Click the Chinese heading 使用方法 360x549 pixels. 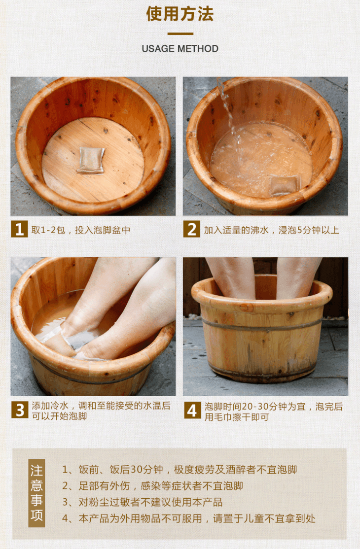pos(180,14)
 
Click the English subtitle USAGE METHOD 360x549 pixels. pos(180,49)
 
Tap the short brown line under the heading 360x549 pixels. pos(180,34)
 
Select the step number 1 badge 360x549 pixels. pos(20,229)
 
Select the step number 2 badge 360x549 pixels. pos(192,229)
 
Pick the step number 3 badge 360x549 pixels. pos(20,410)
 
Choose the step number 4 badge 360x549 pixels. pos(192,411)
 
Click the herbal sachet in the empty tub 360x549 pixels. pos(91,160)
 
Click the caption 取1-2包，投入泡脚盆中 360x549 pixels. pos(81,230)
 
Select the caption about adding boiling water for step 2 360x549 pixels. pos(271,230)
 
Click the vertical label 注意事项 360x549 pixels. pos(36,493)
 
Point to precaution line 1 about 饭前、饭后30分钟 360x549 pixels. pos(180,470)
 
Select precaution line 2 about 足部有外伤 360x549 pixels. pos(152,486)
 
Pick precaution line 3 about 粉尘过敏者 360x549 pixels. pos(142,502)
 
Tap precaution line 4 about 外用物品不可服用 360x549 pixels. pos(189,518)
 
